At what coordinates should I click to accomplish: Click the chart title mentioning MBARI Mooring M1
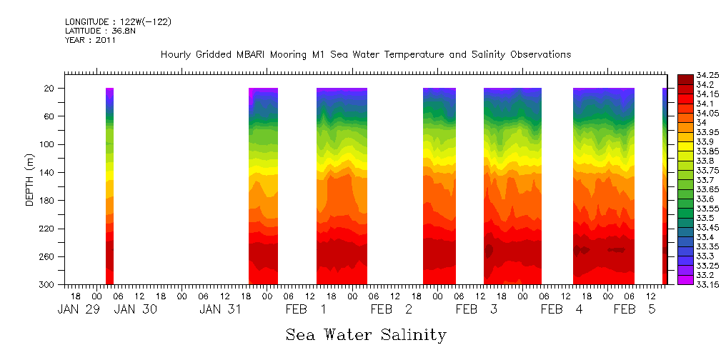pyautogui.click(x=365, y=55)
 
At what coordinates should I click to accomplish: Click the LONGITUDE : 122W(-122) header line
pyautogui.click(x=118, y=22)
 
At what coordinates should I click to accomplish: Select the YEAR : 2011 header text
pyautogui.click(x=90, y=40)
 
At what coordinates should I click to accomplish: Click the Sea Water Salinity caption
pyautogui.click(x=366, y=334)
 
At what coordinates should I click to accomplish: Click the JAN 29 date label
pyautogui.click(x=74, y=309)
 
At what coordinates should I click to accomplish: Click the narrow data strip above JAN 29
pyautogui.click(x=109, y=186)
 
